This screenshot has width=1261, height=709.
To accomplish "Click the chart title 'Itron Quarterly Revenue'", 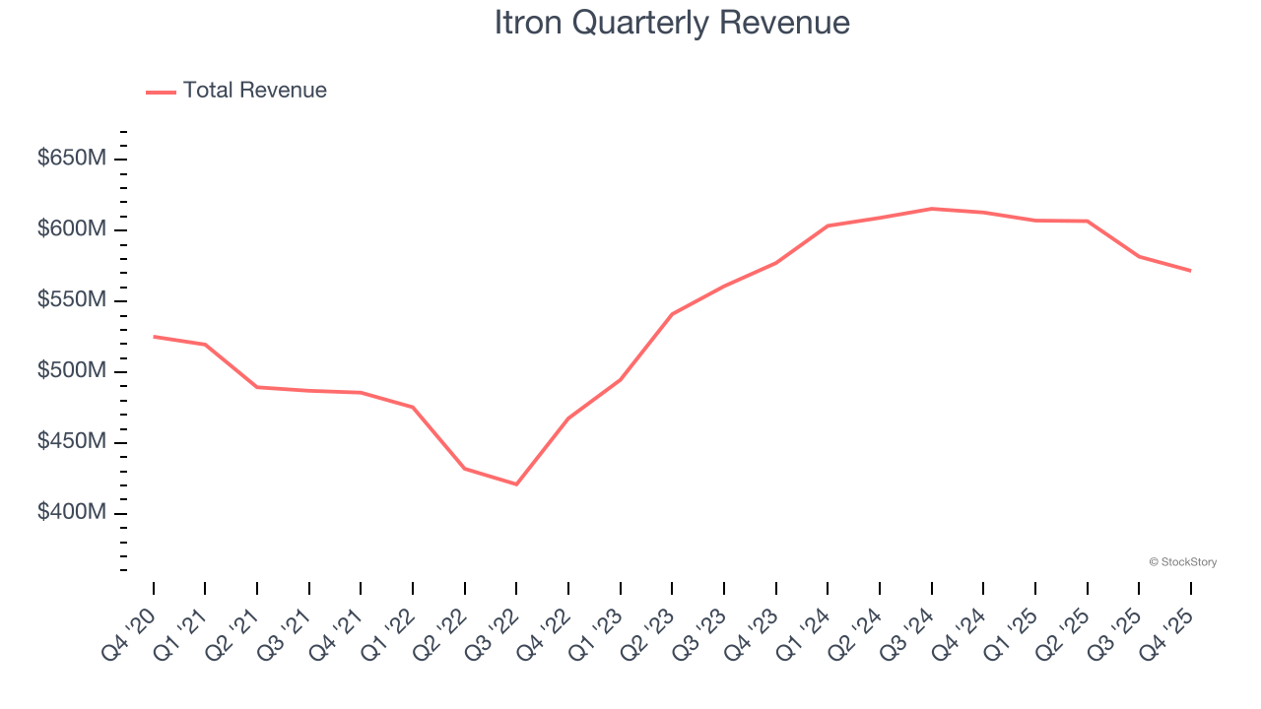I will (672, 23).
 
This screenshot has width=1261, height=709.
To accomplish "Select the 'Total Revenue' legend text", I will (254, 91).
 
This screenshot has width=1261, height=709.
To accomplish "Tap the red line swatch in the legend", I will (161, 92).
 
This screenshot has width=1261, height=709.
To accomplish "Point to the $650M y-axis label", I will (70, 159).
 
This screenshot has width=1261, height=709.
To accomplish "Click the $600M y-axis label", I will (70, 229).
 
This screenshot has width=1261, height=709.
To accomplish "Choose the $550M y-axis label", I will (70, 300).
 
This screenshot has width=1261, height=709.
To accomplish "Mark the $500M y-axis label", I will (70, 371).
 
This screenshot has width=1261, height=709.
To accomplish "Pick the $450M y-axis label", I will (70, 442).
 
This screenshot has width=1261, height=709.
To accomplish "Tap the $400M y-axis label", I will (70, 513).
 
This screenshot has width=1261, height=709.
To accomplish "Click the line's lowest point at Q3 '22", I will (516, 484).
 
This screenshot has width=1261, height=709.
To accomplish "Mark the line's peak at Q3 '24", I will (931, 209).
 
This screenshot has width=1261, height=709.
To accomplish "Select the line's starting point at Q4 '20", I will (154, 337).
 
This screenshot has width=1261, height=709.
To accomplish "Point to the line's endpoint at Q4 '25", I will (1190, 271).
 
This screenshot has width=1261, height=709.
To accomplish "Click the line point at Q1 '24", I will (828, 226).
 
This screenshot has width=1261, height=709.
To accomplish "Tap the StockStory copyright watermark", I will (1182, 562).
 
